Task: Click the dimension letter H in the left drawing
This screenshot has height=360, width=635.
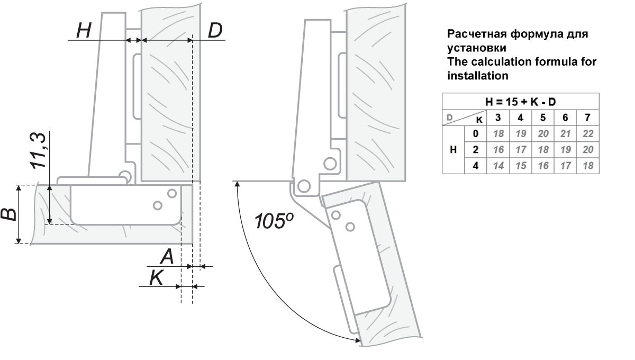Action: point(84,31)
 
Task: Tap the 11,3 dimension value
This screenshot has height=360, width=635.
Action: point(39,151)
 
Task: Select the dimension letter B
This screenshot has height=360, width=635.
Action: point(9,214)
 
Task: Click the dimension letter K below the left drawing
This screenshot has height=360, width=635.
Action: point(156,278)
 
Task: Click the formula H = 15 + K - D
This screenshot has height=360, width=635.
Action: point(521,101)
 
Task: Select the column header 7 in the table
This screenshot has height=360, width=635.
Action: point(587,117)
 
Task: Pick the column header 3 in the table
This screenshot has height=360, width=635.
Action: point(498,117)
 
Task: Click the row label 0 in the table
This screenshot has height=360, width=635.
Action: point(476,133)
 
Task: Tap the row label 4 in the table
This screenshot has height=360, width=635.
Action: point(476,166)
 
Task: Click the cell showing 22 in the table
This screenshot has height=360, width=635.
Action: point(587,133)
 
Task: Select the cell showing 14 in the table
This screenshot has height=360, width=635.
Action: point(498,166)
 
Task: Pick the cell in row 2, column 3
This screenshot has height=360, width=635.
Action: point(498,150)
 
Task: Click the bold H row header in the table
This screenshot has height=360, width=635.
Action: point(453,150)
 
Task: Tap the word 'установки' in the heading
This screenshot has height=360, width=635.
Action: point(474,48)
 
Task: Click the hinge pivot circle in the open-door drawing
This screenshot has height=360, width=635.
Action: point(304,186)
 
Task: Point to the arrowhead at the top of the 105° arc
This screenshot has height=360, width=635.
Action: point(238,183)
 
